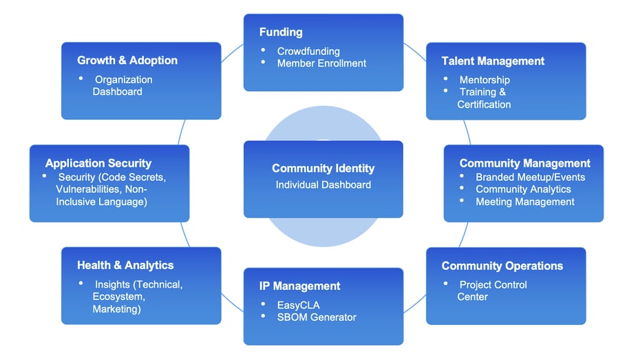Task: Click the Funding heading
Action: [281, 32]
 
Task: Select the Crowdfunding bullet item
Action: [308, 51]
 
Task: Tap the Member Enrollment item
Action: [321, 63]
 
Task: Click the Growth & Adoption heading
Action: [127, 61]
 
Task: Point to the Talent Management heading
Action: [493, 61]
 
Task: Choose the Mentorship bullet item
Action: [485, 80]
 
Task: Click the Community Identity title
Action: [323, 169]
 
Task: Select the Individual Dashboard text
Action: [323, 184]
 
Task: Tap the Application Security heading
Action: [98, 163]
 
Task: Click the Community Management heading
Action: [524, 163]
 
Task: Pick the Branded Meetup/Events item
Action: [530, 177]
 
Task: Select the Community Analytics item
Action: [523, 189]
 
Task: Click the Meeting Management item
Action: [524, 202]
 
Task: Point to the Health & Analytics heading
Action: [125, 265]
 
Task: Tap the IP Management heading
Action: [299, 286]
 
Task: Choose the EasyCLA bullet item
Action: [298, 305]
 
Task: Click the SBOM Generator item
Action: [317, 317]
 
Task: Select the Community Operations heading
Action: [502, 266]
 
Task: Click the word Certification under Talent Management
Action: [484, 105]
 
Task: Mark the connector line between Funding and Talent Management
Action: [414, 52]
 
